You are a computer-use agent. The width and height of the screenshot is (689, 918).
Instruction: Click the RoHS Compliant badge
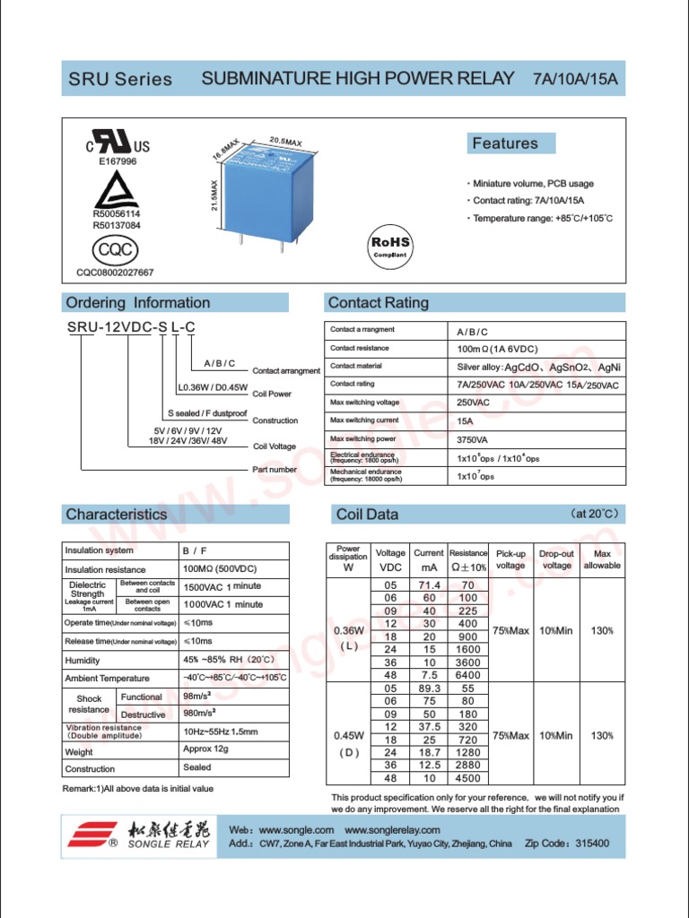(390, 246)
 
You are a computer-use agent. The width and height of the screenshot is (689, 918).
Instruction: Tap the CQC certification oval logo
(115, 247)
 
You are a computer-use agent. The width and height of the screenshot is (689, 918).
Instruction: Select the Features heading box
(511, 143)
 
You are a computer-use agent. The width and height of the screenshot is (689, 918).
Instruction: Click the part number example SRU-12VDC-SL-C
(131, 328)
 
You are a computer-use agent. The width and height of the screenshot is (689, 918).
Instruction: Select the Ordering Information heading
(137, 303)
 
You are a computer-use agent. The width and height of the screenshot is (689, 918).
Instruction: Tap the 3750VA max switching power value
(474, 439)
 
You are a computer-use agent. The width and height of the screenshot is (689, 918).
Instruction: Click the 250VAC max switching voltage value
(474, 403)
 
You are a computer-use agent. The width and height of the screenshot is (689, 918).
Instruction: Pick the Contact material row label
(356, 366)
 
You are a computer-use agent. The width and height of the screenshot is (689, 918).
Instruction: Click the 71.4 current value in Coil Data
(429, 584)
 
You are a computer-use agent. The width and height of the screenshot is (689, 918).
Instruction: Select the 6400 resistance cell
(467, 674)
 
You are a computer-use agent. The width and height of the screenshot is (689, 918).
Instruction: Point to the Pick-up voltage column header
(510, 559)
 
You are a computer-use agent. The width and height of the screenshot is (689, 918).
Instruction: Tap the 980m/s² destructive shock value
(203, 714)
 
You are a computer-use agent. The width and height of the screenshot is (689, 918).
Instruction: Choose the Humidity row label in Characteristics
(83, 660)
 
